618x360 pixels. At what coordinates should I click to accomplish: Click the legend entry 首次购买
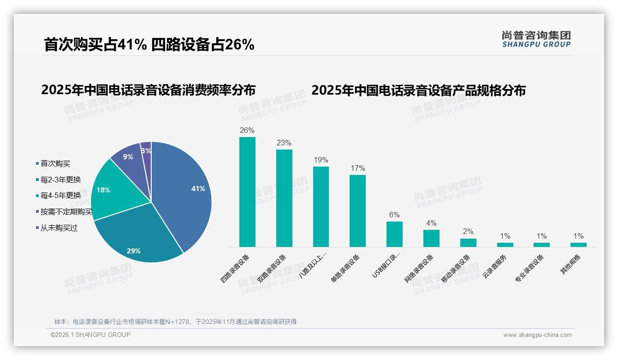click(x=55, y=163)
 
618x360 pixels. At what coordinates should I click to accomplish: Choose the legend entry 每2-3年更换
click(x=60, y=180)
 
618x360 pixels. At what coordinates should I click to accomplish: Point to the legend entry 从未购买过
click(x=59, y=228)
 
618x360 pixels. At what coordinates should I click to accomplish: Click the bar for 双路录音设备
click(x=284, y=198)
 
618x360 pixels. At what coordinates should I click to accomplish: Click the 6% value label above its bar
click(x=394, y=215)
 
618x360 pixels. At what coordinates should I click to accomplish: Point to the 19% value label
click(x=321, y=160)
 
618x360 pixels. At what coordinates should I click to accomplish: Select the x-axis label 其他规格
click(x=571, y=265)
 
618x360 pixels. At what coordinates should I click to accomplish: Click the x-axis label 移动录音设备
click(x=456, y=269)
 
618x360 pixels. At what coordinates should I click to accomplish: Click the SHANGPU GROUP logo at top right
click(x=536, y=39)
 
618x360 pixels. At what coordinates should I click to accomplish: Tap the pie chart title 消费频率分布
click(x=148, y=90)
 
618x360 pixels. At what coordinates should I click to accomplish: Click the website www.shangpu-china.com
click(x=537, y=335)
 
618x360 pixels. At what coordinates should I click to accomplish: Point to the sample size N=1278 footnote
click(x=175, y=322)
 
